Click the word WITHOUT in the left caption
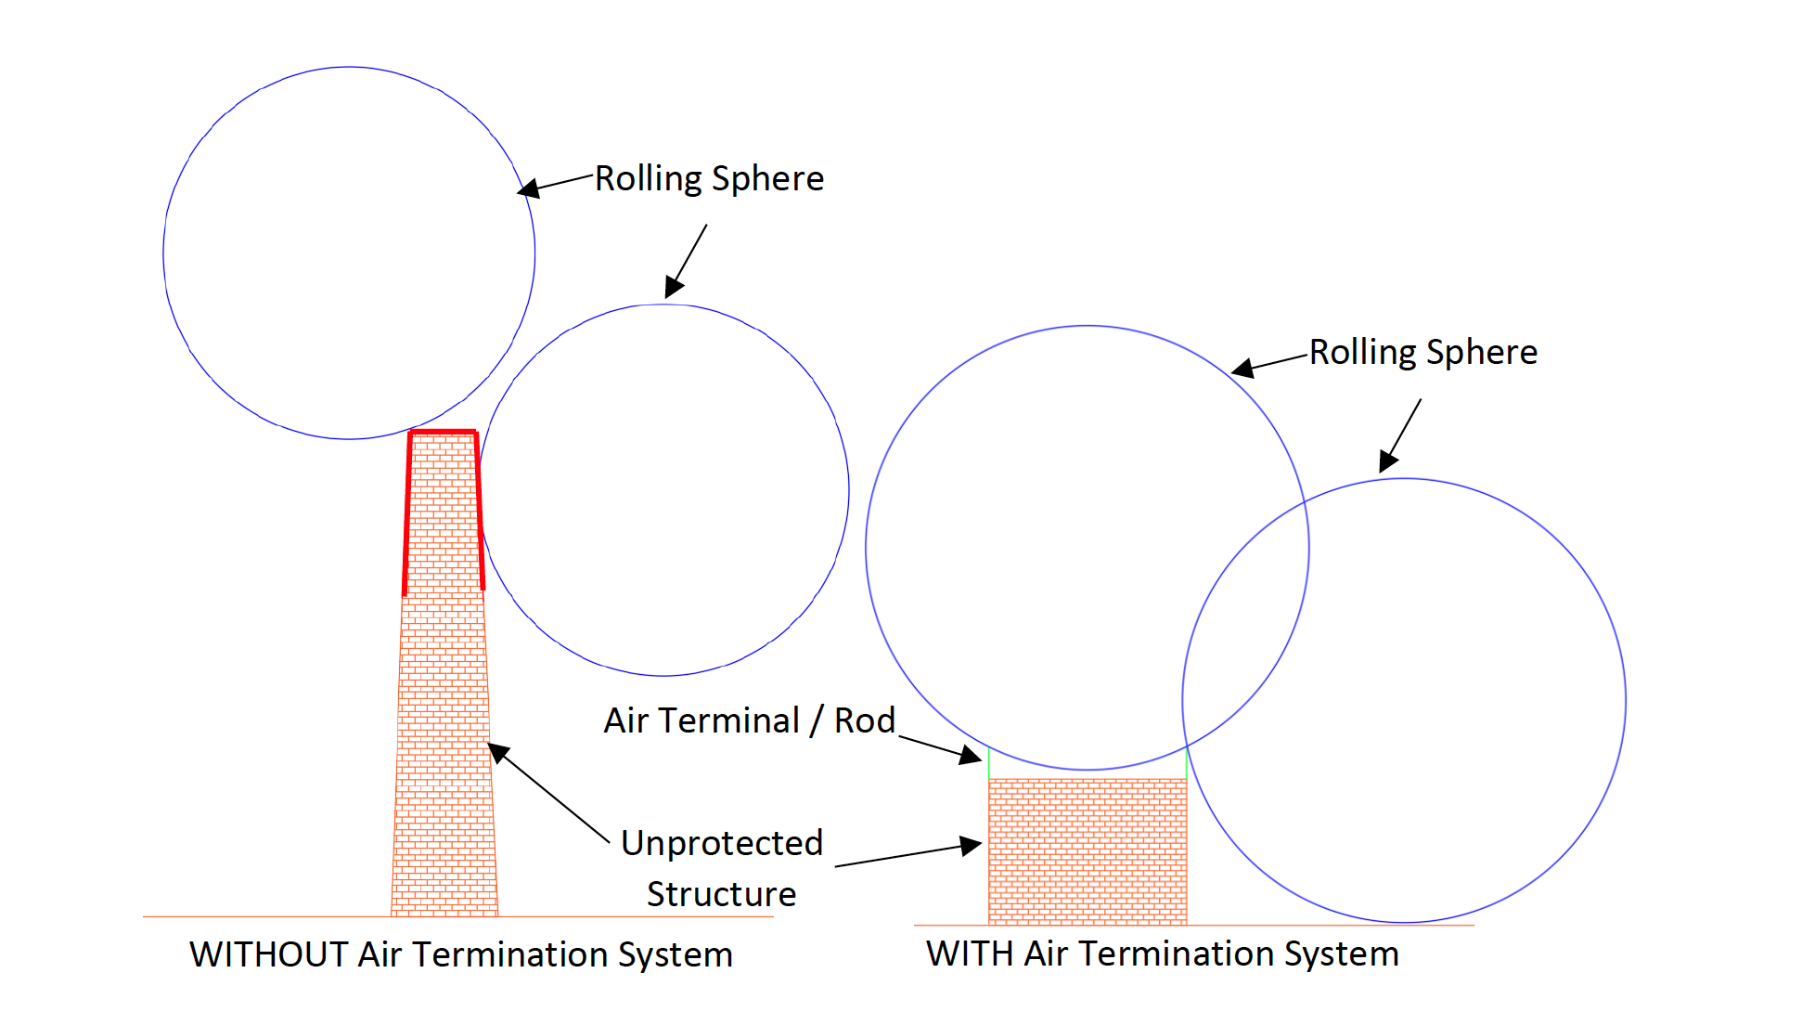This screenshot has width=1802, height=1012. click(268, 955)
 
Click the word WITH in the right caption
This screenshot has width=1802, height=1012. click(969, 954)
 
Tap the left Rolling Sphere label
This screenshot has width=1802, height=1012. click(709, 179)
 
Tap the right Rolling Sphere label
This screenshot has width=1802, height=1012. click(1422, 353)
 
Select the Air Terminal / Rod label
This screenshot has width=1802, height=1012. click(749, 721)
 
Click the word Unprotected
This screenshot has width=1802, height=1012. click(721, 843)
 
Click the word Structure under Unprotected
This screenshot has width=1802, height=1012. click(721, 894)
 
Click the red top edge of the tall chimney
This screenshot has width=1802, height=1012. click(444, 432)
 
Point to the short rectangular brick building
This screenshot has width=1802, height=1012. click(1087, 850)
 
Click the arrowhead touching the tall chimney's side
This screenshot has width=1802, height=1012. click(499, 752)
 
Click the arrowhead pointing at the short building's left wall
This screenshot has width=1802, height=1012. click(971, 845)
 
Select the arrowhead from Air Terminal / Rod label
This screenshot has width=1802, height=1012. click(970, 756)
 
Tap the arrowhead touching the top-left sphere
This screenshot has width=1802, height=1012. click(528, 189)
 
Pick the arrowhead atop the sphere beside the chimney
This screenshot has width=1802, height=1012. click(674, 288)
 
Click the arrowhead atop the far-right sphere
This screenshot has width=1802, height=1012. click(1387, 461)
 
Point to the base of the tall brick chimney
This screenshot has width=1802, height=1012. click(444, 905)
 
